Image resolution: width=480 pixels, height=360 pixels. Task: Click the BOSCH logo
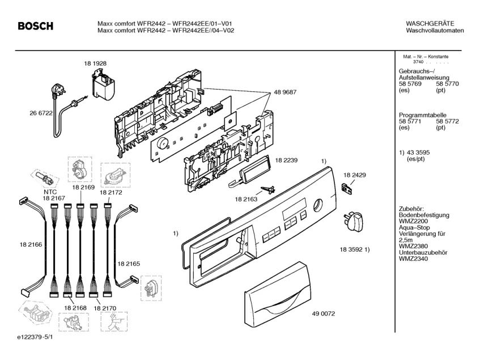36,26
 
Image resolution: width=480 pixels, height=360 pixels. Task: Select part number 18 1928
95,63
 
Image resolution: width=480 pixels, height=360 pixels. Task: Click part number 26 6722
41,113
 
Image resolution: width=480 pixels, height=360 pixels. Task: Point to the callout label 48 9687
285,92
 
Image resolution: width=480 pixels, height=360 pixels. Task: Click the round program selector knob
354,223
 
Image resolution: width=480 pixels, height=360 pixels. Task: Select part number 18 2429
355,175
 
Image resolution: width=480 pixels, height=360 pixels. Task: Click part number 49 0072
323,314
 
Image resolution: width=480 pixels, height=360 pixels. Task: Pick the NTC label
50,192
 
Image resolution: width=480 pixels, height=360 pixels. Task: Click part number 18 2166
31,244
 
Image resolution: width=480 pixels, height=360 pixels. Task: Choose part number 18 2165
129,264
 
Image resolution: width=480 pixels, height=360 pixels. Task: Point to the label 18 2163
246,200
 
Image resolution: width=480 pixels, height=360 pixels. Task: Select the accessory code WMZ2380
413,246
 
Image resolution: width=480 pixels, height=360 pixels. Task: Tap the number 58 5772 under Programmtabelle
447,121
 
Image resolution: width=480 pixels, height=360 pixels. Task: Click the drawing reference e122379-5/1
35,337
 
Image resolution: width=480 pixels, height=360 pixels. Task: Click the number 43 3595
418,153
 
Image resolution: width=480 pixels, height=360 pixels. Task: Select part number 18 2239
286,160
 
